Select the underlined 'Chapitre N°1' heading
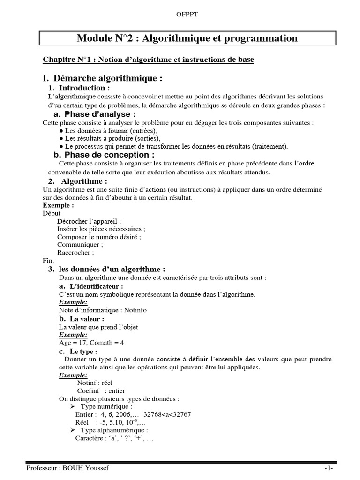149,60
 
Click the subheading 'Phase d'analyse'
100,114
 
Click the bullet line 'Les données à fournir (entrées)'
111,131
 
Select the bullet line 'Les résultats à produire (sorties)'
112,138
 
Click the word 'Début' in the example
52,213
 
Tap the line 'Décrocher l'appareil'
89,221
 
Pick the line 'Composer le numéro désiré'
99,237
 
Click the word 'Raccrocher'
75,253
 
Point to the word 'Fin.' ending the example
48,261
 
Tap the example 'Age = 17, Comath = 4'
91,343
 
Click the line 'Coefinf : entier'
101,390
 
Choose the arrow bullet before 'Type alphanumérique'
73,430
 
